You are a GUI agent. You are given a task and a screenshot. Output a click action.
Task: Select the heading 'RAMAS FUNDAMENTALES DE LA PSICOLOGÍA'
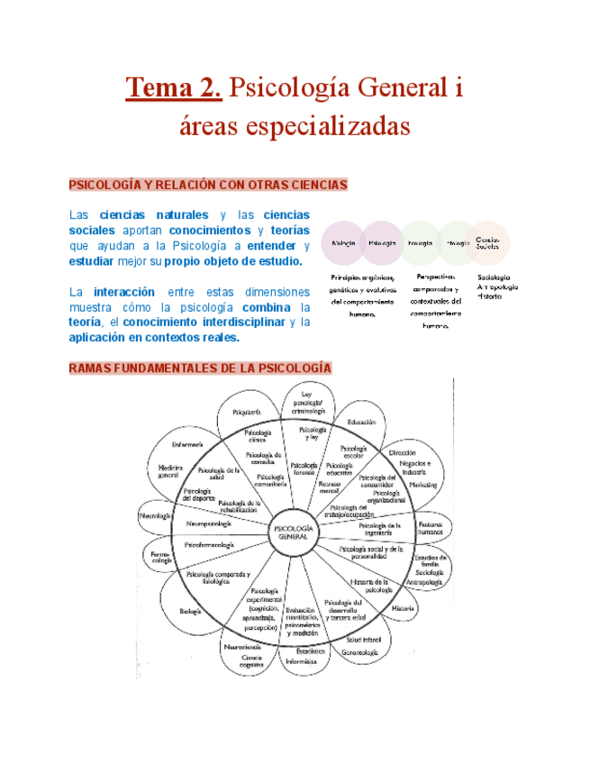(x=200, y=368)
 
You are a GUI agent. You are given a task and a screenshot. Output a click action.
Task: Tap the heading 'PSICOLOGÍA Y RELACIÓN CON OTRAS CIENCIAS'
(x=208, y=185)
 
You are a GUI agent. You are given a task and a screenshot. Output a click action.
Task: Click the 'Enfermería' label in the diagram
(x=187, y=445)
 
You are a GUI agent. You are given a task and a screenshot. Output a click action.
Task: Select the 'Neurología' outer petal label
(x=155, y=516)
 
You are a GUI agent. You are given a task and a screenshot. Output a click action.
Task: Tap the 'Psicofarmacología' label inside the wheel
(x=210, y=546)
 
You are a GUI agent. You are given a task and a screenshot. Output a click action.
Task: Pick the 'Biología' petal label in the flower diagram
(x=190, y=612)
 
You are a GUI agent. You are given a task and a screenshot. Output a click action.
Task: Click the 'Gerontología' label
(x=360, y=650)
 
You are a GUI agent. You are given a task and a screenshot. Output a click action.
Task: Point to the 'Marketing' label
(x=422, y=485)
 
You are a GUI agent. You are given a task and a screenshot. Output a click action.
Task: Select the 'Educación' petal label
(x=360, y=422)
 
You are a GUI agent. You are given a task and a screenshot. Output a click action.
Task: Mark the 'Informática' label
(x=301, y=660)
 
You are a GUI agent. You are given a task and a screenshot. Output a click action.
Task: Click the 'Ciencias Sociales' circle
(x=488, y=243)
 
